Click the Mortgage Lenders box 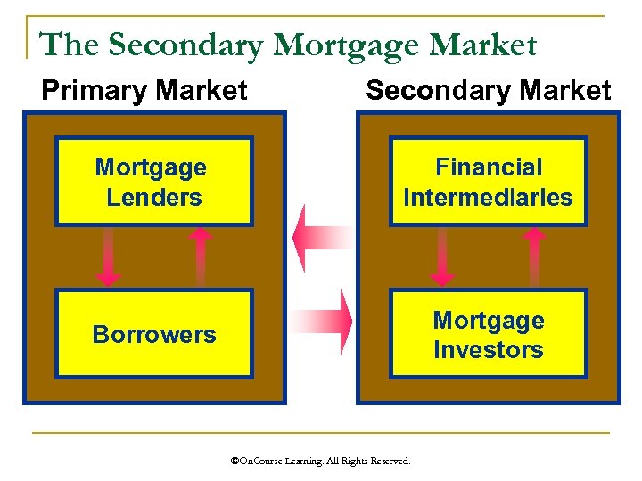[x=153, y=181]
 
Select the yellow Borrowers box [x=153, y=334]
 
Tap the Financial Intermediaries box [x=488, y=181]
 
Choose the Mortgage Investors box [x=488, y=334]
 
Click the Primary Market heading [x=144, y=90]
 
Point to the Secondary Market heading [x=488, y=90]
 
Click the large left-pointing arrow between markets [x=319, y=237]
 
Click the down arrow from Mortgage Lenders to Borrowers [x=109, y=257]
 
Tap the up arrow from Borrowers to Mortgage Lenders [x=201, y=256]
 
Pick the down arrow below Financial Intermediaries [x=442, y=257]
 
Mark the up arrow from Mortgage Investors [x=534, y=256]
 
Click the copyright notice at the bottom [x=320, y=461]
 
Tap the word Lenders [x=153, y=197]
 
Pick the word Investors [x=488, y=350]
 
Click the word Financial [x=488, y=167]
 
